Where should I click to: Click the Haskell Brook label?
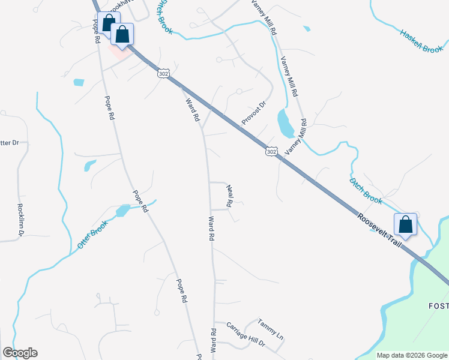tap(421, 41)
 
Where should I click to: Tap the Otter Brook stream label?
tap(92, 235)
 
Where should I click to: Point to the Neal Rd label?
tap(229, 196)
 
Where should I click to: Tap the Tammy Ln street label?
tap(270, 327)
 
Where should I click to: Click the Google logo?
tap(20, 353)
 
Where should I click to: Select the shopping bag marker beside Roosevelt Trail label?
tap(406, 225)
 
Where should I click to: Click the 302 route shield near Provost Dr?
tap(271, 152)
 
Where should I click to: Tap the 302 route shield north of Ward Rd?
tap(163, 73)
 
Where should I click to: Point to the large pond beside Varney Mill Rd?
tap(285, 123)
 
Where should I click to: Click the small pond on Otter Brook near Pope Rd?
tap(122, 211)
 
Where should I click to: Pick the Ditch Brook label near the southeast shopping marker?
tap(366, 190)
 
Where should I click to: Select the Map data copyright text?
tap(412, 355)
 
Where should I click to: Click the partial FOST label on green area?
tap(438, 307)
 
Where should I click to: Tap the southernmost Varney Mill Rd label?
tap(295, 137)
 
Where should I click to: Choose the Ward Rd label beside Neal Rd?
tap(211, 229)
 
